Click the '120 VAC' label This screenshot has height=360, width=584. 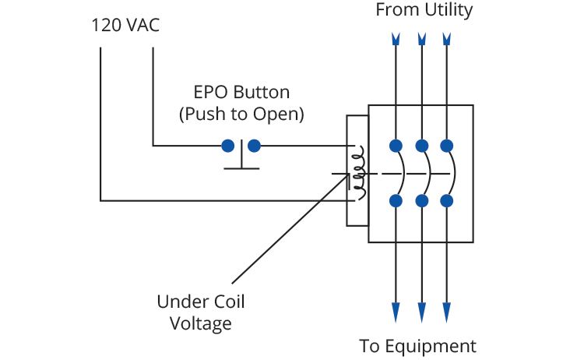125,26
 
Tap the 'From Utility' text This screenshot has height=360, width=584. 424,10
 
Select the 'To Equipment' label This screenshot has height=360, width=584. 417,345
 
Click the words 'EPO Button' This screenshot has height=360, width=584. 241,92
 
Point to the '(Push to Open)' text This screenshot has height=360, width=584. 241,114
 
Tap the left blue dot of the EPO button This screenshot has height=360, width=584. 228,145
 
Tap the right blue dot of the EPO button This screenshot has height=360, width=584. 253,145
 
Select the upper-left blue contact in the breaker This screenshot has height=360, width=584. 396,145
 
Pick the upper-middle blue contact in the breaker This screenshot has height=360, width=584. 421,145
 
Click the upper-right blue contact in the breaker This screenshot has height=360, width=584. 447,145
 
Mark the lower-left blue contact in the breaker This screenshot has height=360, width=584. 396,201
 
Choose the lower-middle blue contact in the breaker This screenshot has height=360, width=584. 421,201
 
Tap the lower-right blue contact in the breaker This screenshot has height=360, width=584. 447,201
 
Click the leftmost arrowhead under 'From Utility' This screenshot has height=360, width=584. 396,38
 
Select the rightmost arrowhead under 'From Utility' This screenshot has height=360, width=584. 447,38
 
